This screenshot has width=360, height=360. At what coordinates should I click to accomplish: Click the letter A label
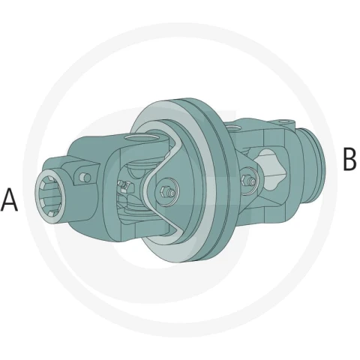click(9, 199)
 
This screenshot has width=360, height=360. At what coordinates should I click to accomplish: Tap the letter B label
click(349, 159)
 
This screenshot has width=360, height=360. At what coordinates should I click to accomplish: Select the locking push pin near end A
click(85, 177)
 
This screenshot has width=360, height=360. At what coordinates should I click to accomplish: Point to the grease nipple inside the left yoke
click(123, 186)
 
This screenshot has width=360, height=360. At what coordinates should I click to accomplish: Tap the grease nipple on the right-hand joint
click(248, 180)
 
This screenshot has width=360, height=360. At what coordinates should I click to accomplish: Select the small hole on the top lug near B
click(283, 121)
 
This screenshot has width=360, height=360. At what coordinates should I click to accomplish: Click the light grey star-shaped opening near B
click(271, 169)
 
